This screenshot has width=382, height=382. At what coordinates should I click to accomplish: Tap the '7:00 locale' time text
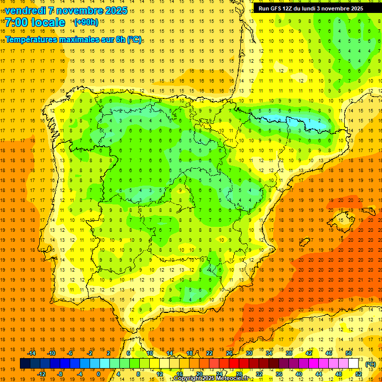pos(35,22)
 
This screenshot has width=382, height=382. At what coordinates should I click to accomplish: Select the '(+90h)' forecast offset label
pos(86,22)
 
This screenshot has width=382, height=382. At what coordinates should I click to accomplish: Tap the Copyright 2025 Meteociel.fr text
pos(211,379)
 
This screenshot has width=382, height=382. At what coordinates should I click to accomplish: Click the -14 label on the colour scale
pos(31,353)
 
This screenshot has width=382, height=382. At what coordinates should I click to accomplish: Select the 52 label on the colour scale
pos(358,374)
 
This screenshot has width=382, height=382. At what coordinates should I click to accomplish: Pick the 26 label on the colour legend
pos(229,353)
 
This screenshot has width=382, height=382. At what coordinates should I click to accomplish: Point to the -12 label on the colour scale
pos(41,374)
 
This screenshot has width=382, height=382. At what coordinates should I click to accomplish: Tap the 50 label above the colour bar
pos(348,353)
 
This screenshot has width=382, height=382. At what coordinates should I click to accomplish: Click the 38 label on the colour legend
pos(289,353)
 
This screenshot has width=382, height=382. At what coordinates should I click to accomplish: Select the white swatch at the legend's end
pos(354,364)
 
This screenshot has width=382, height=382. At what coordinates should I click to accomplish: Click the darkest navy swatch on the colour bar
pos(25,364)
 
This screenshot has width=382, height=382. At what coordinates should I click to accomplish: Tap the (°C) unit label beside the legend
pos(370,364)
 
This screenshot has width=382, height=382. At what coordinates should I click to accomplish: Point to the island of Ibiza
pos(304,242)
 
